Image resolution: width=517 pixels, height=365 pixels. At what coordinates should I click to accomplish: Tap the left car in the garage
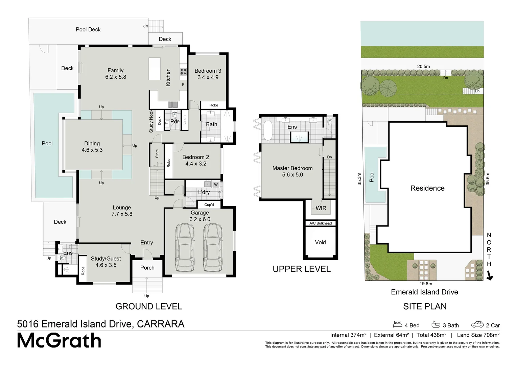pos(185,248)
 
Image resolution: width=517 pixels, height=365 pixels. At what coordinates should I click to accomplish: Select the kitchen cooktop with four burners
pos(183,72)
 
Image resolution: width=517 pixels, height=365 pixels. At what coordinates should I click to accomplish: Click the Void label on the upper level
pos(320,242)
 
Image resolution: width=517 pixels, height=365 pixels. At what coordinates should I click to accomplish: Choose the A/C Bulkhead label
pos(321,223)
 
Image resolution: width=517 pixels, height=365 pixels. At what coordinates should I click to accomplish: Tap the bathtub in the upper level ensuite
pos(267,130)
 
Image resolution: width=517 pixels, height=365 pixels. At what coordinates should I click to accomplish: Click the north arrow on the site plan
pos(490,276)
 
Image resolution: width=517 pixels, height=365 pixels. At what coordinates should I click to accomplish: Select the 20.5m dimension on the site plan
pos(424,67)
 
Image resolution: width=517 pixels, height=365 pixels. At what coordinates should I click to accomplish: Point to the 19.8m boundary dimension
pos(426,284)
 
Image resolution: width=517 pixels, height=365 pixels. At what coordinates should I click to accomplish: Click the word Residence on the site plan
pos(427,188)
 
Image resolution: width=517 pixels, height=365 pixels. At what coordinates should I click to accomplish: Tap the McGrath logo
pos(59,340)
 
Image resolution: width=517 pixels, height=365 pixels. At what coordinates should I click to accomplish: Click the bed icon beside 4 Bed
pos(397,324)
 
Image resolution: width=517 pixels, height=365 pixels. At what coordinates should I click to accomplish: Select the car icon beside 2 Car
pos(477,324)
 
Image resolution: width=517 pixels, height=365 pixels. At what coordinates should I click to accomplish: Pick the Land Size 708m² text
pos(478,335)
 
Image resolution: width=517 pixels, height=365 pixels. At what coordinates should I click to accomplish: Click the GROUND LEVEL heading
pos(149,307)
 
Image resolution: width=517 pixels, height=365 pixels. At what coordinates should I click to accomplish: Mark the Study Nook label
pos(151,121)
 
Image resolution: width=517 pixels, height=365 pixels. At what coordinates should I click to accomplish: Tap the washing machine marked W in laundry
pos(216,185)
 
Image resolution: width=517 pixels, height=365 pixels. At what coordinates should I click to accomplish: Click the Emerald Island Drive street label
pos(424,292)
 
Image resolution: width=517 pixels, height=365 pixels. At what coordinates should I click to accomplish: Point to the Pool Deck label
pos(88,29)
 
